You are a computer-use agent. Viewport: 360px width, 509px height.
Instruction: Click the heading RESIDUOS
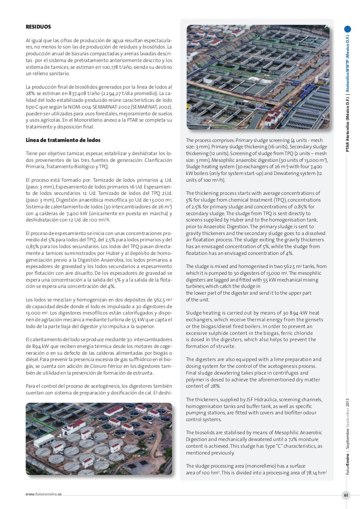tap(38, 27)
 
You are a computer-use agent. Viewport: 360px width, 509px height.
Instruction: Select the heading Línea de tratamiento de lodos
tap(63, 140)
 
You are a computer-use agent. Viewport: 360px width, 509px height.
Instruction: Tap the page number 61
tap(346, 495)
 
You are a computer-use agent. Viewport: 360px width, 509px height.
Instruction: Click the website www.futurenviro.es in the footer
tap(43, 494)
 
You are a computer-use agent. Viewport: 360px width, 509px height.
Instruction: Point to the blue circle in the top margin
tap(348, 29)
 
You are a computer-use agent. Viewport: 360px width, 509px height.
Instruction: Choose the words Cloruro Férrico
tap(109, 366)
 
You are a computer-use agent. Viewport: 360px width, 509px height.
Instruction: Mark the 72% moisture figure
tap(284, 439)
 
